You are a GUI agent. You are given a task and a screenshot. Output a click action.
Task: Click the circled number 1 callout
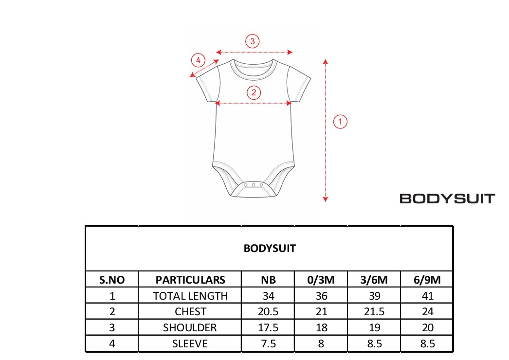(340, 122)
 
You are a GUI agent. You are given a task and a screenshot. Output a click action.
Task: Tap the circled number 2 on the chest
(254, 92)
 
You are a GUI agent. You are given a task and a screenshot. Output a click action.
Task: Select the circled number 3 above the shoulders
(252, 41)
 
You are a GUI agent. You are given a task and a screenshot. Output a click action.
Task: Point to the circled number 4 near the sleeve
(198, 60)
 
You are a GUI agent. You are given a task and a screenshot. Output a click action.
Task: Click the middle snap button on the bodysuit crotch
(253, 185)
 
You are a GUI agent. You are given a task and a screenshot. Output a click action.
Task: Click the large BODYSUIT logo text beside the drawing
(447, 198)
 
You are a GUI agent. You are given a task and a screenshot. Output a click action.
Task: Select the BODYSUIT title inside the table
(270, 248)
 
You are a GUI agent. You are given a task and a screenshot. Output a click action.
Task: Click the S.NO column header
(112, 280)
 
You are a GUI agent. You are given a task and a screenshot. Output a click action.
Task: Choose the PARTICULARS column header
(190, 280)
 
